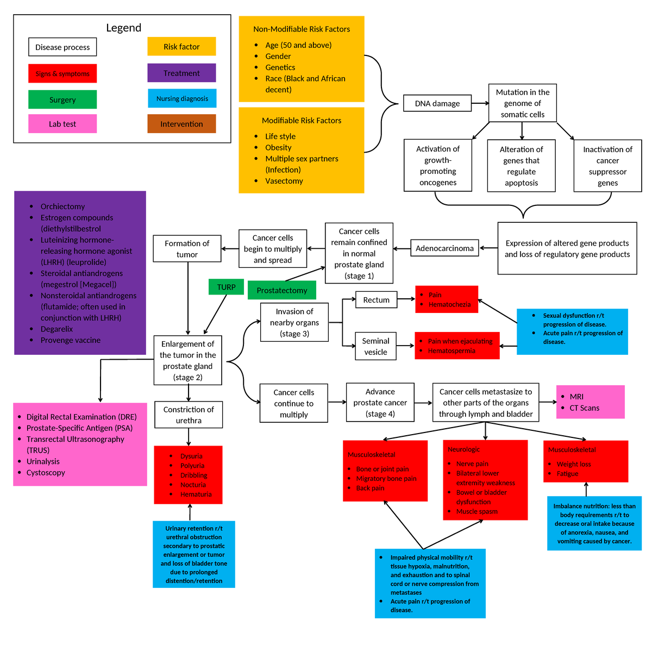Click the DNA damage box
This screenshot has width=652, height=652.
pyautogui.click(x=437, y=103)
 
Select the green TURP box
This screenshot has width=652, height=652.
pyautogui.click(x=227, y=287)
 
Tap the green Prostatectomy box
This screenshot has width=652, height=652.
pyautogui.click(x=282, y=290)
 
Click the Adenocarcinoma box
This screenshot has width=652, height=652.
pyautogui.click(x=444, y=248)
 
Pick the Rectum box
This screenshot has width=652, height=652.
pyautogui.click(x=376, y=299)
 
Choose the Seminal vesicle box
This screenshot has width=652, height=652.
pyautogui.click(x=375, y=346)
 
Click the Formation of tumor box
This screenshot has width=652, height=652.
pyautogui.click(x=187, y=249)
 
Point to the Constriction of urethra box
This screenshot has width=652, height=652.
pyautogui.click(x=189, y=415)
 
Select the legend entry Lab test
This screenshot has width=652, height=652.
pyautogui.click(x=62, y=124)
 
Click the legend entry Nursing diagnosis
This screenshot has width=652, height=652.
pyautogui.click(x=182, y=98)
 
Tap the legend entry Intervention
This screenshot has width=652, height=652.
pyautogui.click(x=181, y=124)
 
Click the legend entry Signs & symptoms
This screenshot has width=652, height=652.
pyautogui.click(x=62, y=73)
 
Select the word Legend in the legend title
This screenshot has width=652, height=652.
pyautogui.click(x=123, y=28)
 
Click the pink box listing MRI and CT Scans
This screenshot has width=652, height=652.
pyautogui.click(x=590, y=402)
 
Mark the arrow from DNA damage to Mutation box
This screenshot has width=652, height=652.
pyautogui.click(x=480, y=103)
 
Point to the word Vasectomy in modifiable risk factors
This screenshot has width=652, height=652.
pyautogui.click(x=284, y=181)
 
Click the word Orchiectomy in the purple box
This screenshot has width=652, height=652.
pyautogui.click(x=62, y=206)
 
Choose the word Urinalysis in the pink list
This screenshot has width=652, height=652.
pyautogui.click(x=43, y=461)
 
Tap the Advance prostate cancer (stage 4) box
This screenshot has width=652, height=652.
pyautogui.click(x=380, y=403)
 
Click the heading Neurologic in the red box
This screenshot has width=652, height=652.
pyautogui.click(x=463, y=449)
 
